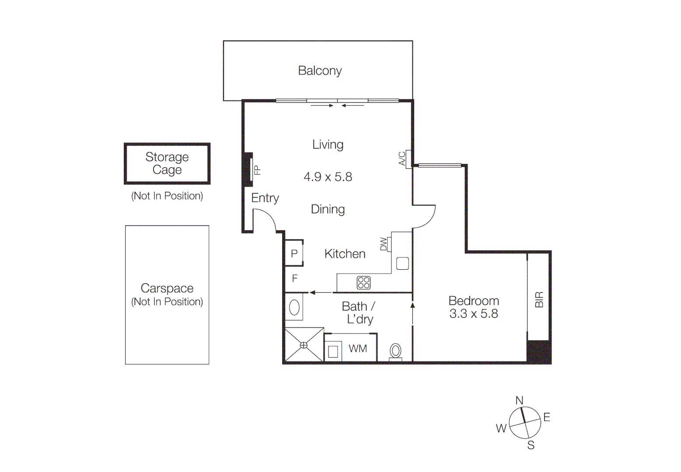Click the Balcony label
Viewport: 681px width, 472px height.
[320, 71]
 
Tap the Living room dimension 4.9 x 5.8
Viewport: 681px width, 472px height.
[328, 177]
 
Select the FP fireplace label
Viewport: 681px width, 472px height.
[257, 170]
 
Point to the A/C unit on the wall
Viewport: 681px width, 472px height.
[408, 159]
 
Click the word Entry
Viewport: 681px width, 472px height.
[265, 198]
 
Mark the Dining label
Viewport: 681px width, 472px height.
[328, 209]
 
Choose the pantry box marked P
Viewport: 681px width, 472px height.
[294, 253]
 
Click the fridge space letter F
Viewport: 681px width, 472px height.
[295, 278]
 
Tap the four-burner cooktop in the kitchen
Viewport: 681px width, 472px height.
[363, 283]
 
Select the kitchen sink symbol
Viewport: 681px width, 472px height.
[402, 264]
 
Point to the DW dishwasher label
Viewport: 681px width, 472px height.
[384, 244]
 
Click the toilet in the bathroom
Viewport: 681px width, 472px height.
[396, 351]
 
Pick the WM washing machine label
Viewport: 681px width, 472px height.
[358, 349]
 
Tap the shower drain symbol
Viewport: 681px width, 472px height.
[304, 345]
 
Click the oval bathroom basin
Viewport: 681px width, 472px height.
[294, 308]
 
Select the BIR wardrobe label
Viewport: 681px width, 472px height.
[539, 300]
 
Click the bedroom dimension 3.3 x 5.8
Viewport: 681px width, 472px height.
[474, 314]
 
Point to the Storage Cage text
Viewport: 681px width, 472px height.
[167, 163]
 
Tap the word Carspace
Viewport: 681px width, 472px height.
[167, 288]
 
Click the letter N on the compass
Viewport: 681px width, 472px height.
[519, 400]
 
